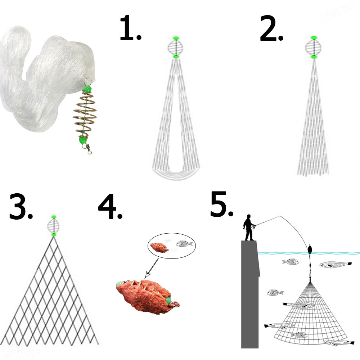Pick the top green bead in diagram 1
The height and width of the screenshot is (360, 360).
[x=176, y=38]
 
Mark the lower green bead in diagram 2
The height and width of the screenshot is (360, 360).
[x=314, y=57]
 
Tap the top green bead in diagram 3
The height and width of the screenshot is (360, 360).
[x=54, y=217]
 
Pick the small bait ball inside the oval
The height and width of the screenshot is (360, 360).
[x=158, y=247]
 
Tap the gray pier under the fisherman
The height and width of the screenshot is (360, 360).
[x=250, y=295]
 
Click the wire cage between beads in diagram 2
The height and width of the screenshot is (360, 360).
[x=314, y=47]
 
